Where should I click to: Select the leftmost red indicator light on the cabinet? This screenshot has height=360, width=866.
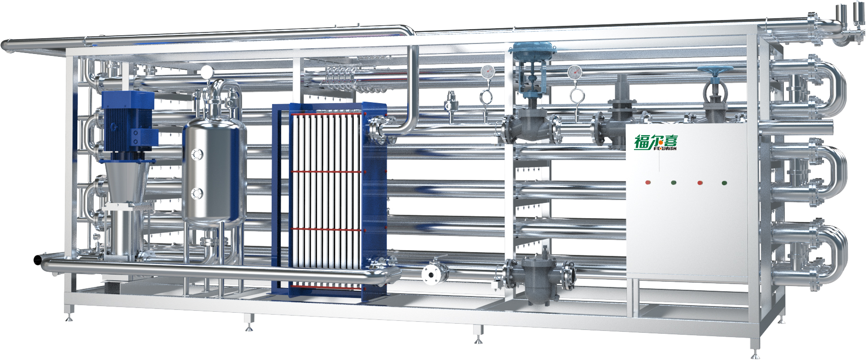648,182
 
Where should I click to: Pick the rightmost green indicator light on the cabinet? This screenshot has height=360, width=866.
724,182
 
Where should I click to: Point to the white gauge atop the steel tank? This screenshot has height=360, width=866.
207,72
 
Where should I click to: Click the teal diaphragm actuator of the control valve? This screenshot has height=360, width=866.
533,50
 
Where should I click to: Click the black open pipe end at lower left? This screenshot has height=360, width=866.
36,260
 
